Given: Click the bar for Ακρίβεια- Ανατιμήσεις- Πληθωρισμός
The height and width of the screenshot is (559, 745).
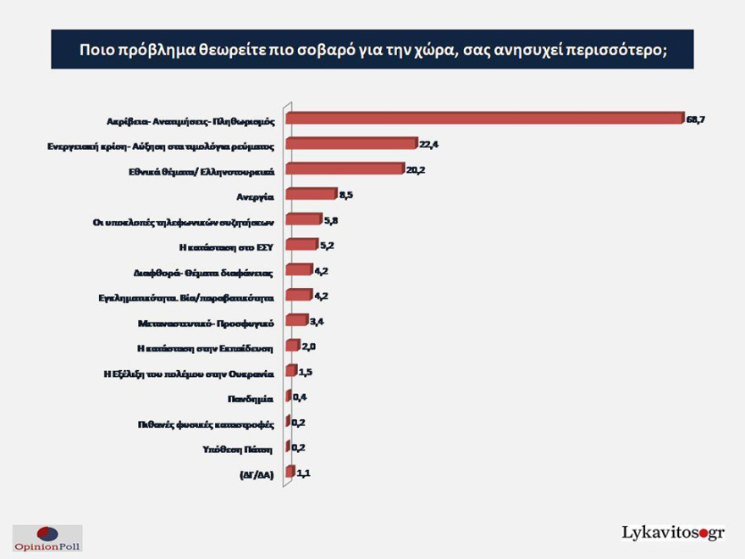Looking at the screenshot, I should (484, 119).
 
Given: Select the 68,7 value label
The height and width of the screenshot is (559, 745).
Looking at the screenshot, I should (695, 119).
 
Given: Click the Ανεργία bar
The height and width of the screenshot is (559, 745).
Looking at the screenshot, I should (312, 195).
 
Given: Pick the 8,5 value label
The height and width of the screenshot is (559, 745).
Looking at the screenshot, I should (347, 195).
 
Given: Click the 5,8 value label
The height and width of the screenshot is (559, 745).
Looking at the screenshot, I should (333, 220).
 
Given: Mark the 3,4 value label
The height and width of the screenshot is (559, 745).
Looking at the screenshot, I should (317, 321).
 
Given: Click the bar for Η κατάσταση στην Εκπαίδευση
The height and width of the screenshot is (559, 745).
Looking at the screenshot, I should (293, 346).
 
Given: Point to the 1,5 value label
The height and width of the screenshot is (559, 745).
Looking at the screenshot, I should (306, 371).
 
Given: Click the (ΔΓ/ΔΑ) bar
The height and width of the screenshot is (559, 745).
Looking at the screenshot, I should (290, 472).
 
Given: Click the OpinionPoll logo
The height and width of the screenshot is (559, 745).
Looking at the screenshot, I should (47, 538).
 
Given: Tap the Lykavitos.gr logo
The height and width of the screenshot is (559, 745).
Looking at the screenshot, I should (673, 533).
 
